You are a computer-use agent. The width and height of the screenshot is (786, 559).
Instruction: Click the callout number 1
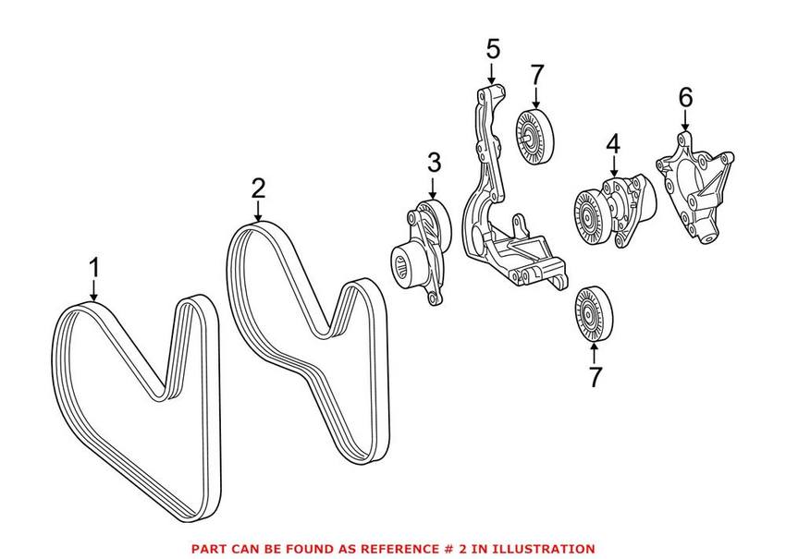click(94, 268)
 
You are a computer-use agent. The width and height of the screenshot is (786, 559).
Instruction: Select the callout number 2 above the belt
click(258, 188)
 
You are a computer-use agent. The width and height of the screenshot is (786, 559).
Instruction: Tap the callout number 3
click(434, 164)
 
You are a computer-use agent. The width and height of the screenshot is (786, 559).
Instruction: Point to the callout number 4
click(612, 145)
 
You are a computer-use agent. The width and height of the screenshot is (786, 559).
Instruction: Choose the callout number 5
click(493, 50)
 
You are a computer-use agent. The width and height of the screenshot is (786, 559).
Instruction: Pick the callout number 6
click(685, 97)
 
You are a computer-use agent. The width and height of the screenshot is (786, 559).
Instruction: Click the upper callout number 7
click(536, 76)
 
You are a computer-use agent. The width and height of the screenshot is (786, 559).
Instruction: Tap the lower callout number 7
click(594, 377)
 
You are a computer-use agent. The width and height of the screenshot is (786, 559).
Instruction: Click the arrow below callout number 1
click(93, 291)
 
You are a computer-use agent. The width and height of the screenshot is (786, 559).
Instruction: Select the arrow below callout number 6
click(685, 121)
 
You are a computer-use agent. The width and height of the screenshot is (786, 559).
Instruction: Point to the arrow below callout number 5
click(492, 73)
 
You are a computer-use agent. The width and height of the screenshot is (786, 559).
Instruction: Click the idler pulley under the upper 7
click(534, 136)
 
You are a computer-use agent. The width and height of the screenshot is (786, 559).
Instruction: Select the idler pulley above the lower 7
click(594, 313)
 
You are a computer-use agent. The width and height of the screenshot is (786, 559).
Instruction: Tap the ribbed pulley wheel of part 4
click(592, 218)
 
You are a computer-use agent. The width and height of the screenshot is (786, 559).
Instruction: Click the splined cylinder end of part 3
click(407, 265)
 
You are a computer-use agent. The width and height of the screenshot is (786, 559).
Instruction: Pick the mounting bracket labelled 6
click(695, 188)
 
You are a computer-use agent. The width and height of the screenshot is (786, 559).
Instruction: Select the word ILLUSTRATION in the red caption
click(549, 549)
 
